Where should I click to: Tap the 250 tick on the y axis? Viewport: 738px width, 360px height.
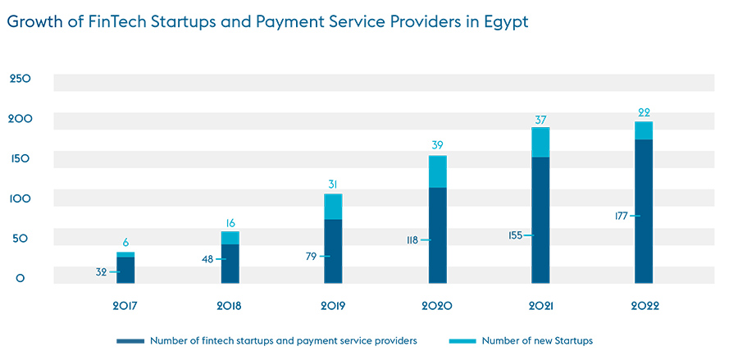coord(20,79)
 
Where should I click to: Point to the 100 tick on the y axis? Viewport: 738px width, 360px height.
coord(20,198)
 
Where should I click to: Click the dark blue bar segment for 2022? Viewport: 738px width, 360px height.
coord(644,212)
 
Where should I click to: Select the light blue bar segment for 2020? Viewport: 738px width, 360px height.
coord(436,171)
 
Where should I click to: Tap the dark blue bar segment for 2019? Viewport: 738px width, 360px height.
coord(333,251)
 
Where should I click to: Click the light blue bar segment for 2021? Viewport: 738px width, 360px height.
coord(540,142)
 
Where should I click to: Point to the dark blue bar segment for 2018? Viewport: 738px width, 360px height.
coord(230,263)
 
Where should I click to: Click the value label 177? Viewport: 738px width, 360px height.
coord(620,216)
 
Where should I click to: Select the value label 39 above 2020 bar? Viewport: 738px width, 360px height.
coord(436,145)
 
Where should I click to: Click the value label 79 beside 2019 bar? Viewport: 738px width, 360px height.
coord(311,257)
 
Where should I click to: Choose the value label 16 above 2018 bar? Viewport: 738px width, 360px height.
coord(230,222)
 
